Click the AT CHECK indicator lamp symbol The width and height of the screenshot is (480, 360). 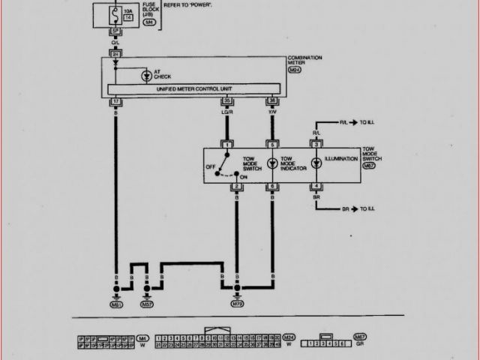point(145,75)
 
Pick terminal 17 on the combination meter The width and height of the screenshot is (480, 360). point(115,100)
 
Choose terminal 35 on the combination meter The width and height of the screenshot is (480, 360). point(226,100)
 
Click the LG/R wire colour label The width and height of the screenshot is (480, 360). point(226,112)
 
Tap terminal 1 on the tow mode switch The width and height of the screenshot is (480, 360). point(226,143)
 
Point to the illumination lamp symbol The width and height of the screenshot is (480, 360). point(316,160)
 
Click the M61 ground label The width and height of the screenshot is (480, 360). point(115,306)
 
